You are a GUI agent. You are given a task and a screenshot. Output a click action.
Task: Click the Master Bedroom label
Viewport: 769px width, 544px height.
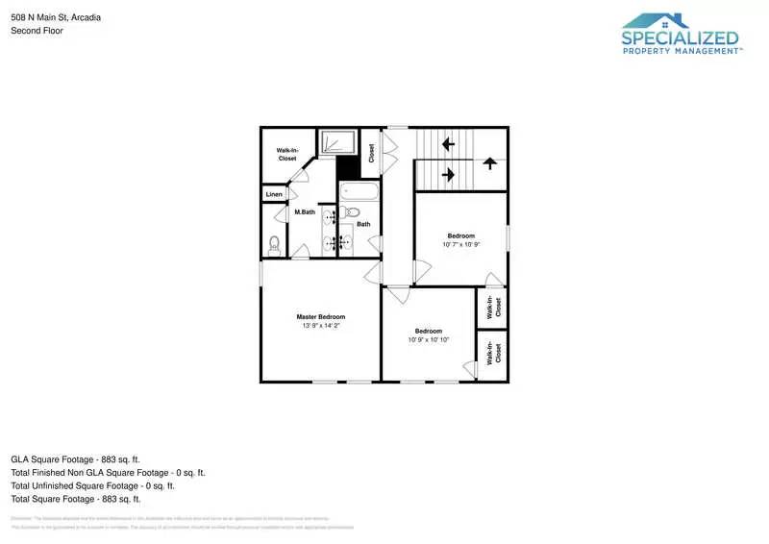pyautogui.click(x=320, y=316)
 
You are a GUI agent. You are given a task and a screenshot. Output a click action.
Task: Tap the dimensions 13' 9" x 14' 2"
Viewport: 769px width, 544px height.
pyautogui.click(x=320, y=326)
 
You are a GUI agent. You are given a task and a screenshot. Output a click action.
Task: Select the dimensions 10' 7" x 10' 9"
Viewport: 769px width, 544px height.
pyautogui.click(x=460, y=245)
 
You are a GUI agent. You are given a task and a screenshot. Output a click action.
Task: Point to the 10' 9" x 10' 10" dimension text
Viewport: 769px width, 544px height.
pyautogui.click(x=428, y=340)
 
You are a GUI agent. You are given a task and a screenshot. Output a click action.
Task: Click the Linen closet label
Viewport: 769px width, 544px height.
pyautogui.click(x=274, y=195)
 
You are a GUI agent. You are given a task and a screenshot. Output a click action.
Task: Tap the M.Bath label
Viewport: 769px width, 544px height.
pyautogui.click(x=305, y=211)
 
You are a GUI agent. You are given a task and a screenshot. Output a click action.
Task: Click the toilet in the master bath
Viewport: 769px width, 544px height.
pyautogui.click(x=274, y=244)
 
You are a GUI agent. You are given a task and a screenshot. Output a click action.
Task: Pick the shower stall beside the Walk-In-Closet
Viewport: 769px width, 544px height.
pyautogui.click(x=336, y=142)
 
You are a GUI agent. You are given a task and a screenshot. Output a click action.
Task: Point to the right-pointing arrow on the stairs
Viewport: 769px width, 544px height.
pyautogui.click(x=448, y=175)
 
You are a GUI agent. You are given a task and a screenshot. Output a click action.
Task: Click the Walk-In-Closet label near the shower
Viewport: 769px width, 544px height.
pyautogui.click(x=286, y=154)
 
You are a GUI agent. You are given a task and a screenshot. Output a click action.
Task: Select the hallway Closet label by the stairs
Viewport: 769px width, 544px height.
pyautogui.click(x=371, y=153)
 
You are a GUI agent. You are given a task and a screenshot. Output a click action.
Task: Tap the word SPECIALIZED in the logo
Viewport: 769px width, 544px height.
pyautogui.click(x=680, y=39)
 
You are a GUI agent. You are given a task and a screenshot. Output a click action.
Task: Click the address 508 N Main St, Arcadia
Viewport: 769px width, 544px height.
pyautogui.click(x=55, y=17)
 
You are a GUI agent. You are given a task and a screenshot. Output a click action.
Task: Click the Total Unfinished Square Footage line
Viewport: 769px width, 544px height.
pyautogui.click(x=92, y=485)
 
